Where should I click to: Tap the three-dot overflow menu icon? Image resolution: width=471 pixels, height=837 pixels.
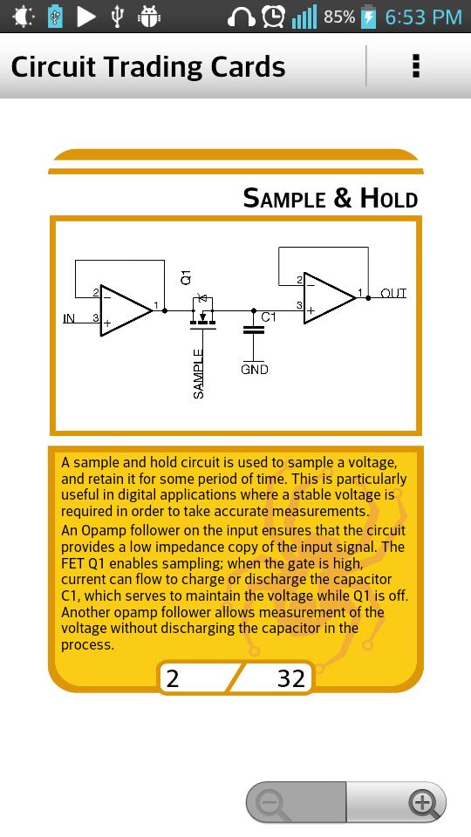click(416, 66)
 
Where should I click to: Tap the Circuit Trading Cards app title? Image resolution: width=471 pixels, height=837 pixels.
click(148, 67)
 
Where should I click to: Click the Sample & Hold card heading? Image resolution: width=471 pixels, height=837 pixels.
click(330, 198)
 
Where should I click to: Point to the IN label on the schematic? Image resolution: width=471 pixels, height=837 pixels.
click(69, 319)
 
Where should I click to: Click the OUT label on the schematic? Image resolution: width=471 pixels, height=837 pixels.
click(393, 293)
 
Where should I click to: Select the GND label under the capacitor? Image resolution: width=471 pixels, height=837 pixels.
click(254, 370)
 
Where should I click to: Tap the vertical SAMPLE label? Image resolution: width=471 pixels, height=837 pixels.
click(198, 374)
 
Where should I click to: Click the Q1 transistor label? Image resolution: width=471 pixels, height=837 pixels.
click(186, 277)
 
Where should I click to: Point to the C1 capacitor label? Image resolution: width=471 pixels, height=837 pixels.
click(269, 317)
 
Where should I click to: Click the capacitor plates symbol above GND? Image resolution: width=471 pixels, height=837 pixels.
click(254, 329)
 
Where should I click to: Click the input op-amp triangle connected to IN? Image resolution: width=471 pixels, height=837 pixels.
click(126, 310)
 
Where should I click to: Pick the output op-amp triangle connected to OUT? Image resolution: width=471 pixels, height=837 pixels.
click(330, 298)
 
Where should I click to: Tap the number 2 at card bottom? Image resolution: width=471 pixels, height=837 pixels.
click(173, 678)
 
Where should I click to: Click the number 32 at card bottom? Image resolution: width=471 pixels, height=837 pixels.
click(291, 678)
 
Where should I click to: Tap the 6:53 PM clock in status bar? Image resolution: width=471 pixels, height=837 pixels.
click(424, 17)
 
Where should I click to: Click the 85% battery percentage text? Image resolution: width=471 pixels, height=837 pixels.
click(339, 17)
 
